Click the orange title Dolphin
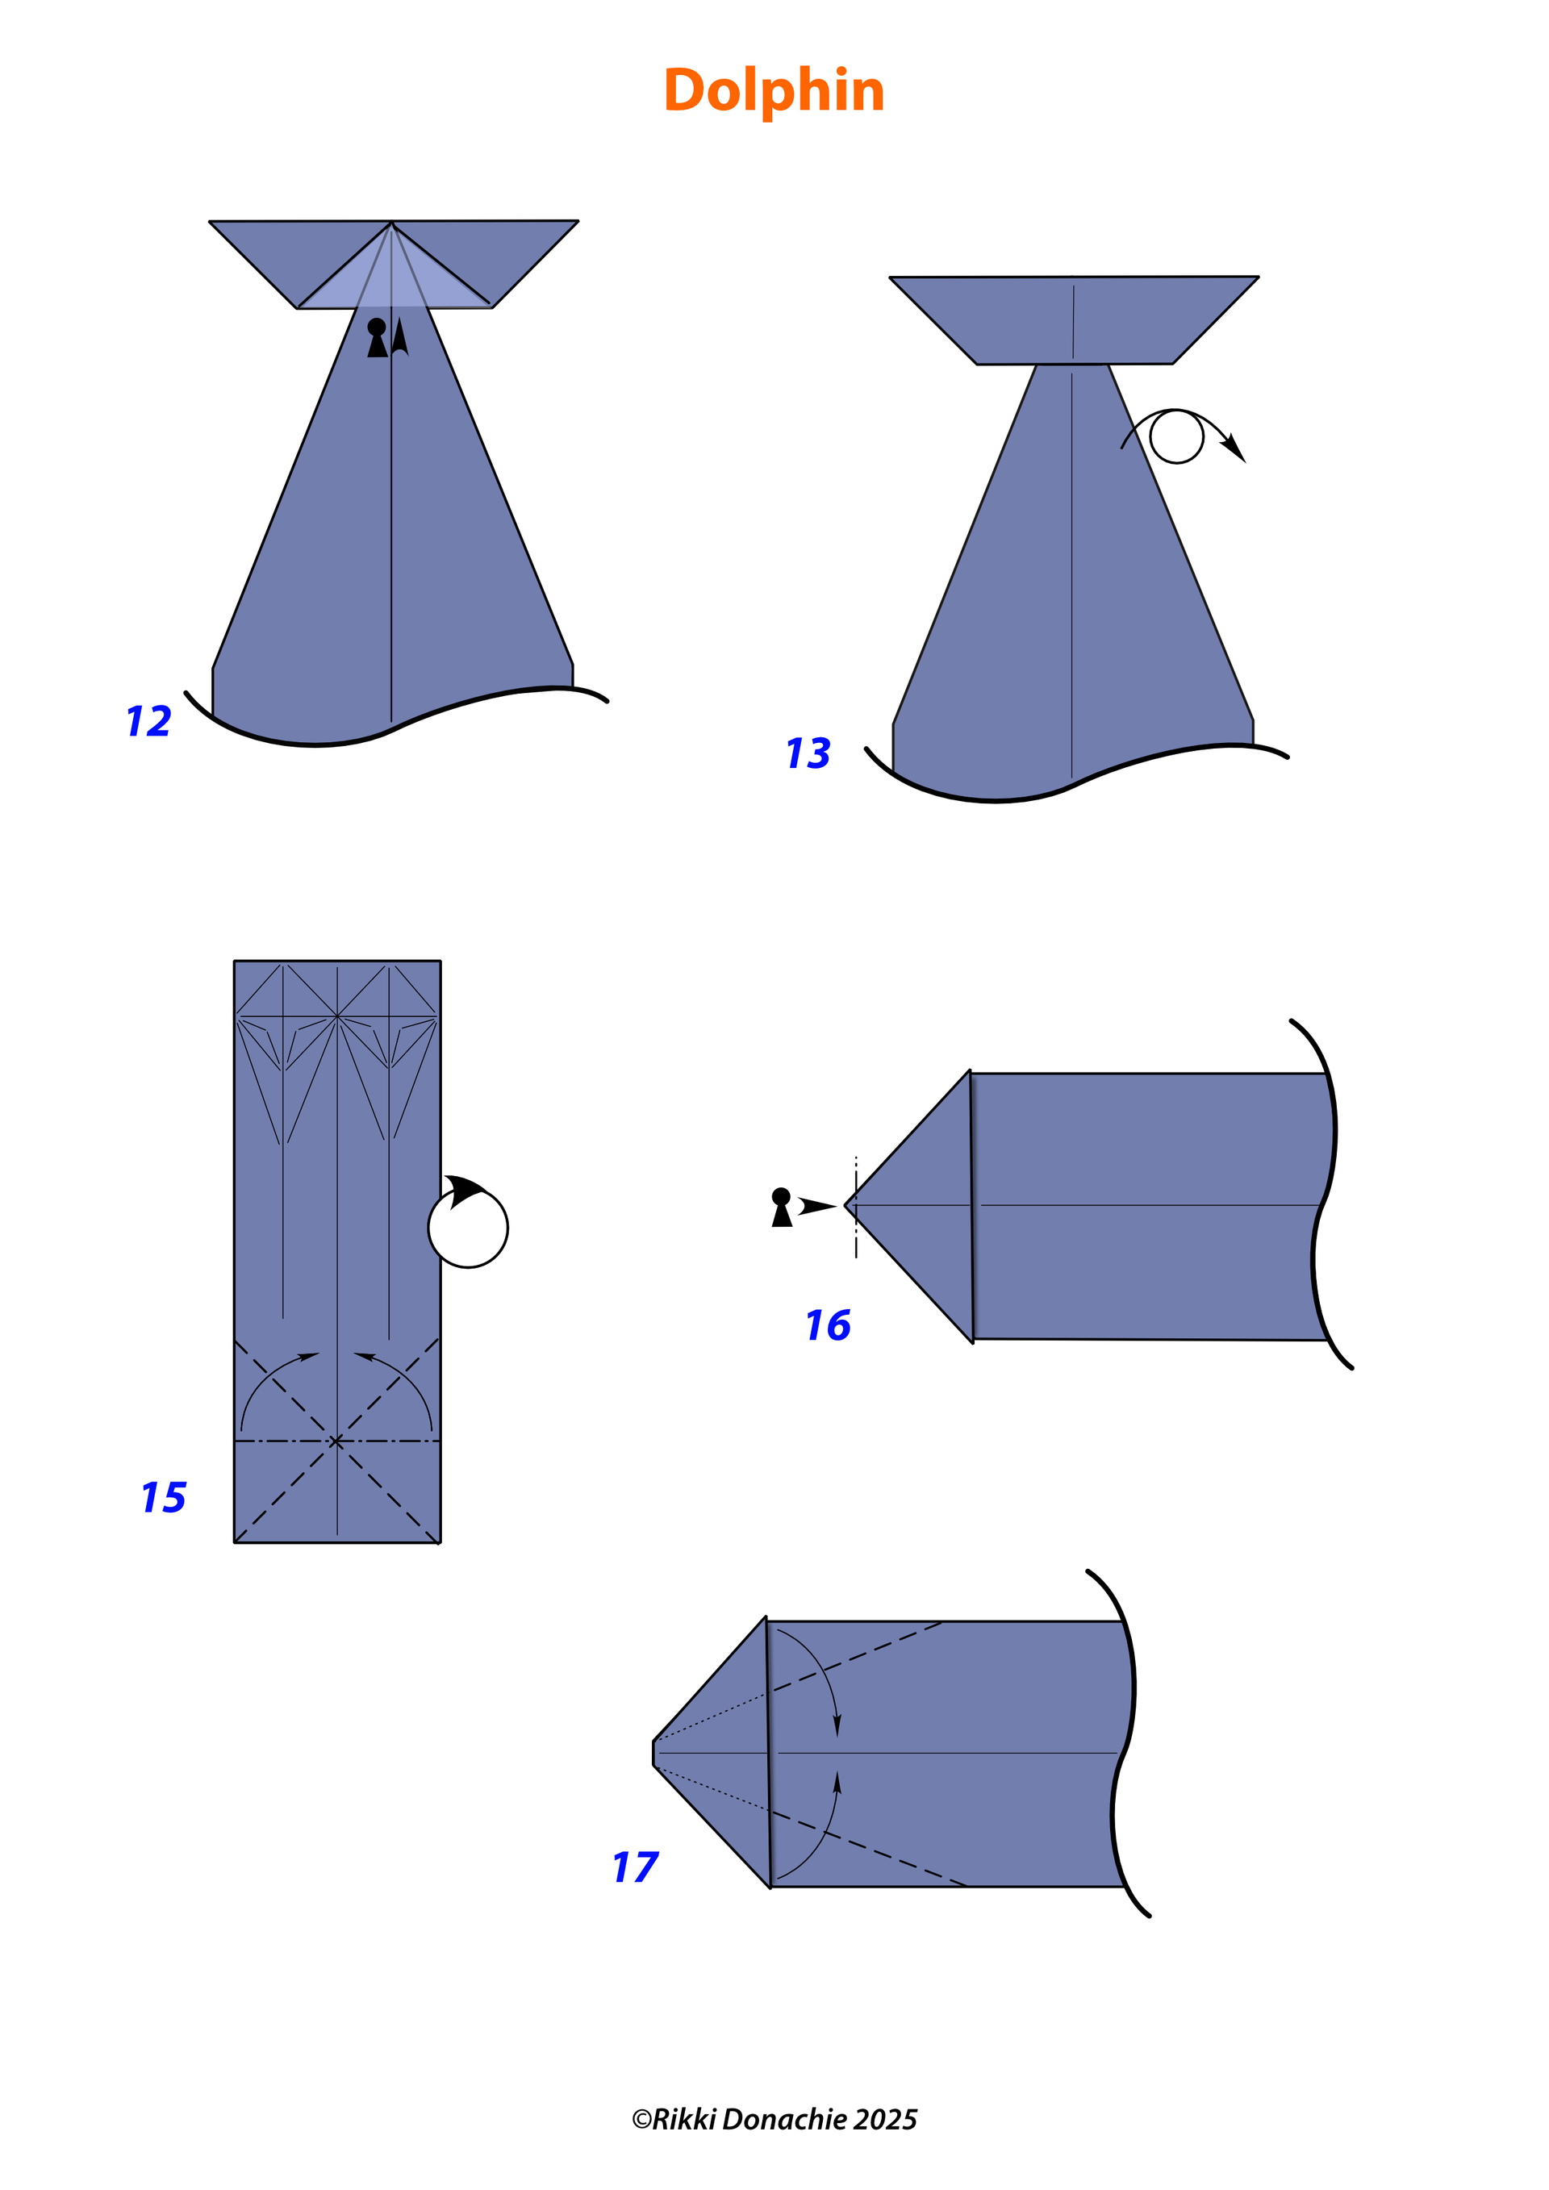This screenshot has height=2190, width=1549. coord(774,92)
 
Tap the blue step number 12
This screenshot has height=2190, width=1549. coord(148,721)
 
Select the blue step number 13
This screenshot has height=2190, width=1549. coord(808,753)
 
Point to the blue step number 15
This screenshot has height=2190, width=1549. coord(164,1498)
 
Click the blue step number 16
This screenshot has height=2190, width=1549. coord(828,1324)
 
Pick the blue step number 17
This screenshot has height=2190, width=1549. coord(635,1867)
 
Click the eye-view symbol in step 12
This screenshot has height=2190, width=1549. coord(378,338)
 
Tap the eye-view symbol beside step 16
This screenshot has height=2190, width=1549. coord(781,1207)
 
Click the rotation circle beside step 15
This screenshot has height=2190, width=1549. coord(467,1228)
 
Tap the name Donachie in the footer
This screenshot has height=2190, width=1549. coord(785,2119)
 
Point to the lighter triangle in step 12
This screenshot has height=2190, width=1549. coord(393,281)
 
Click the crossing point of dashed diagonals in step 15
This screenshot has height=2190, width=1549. coord(336,1441)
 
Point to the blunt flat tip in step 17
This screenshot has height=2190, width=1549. coord(653,1753)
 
